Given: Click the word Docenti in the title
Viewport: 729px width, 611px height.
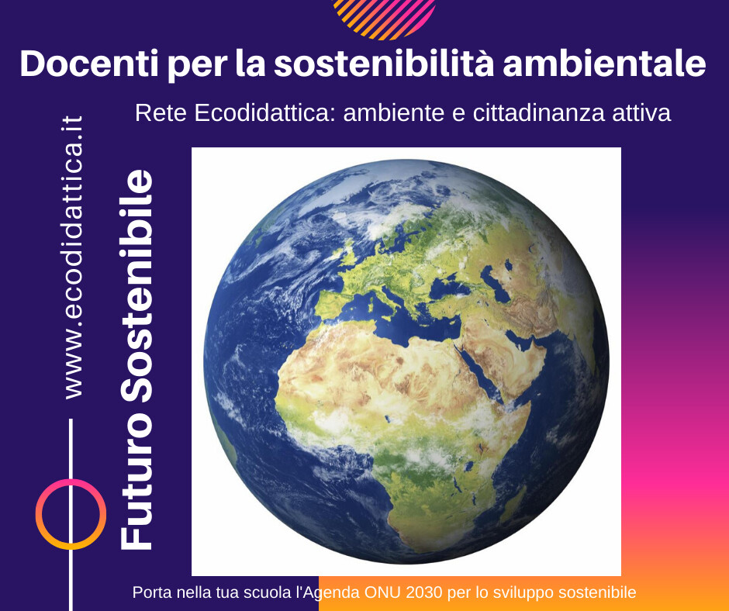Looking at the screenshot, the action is (89, 64).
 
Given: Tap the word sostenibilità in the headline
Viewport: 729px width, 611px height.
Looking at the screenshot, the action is (384, 64).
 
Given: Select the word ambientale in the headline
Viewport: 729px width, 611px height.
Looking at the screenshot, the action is (604, 64).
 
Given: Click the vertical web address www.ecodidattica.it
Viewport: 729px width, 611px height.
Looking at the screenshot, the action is (74, 257).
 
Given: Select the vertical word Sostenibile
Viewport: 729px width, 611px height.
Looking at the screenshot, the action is (136, 286).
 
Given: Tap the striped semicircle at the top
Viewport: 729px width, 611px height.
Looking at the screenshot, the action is (384, 19).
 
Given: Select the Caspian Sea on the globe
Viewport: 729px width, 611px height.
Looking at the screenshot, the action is (495, 283).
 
